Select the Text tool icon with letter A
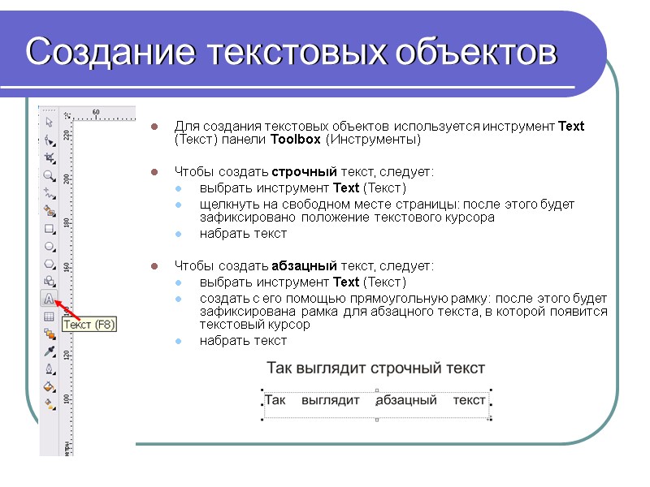pos(49,299)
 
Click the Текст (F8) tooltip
pos(89,325)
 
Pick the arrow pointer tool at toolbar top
pos(49,123)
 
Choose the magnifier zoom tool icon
pos(49,175)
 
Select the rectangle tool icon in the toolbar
pos(49,228)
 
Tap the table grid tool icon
pos(49,317)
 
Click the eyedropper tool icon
pos(49,351)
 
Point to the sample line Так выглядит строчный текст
pos(375,368)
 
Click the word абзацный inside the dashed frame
pos(406,400)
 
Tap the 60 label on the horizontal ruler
pos(95,111)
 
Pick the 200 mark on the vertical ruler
pos(67,178)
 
